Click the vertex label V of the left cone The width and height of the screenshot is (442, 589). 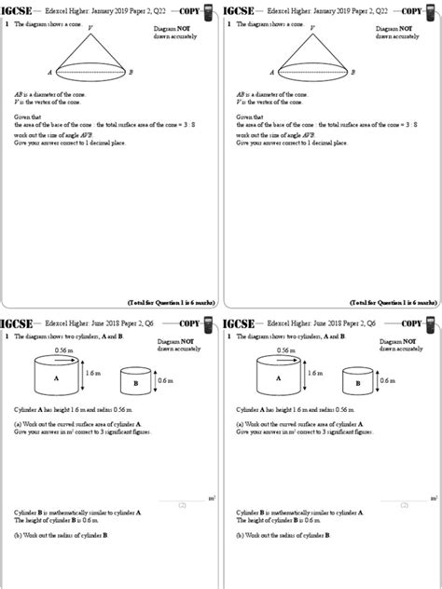coord(90,28)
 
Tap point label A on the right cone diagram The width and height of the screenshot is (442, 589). coord(272,72)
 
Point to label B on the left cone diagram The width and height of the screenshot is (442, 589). coord(131,72)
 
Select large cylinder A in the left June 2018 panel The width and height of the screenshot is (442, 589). coord(56,378)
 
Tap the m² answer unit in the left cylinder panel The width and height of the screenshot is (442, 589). coord(213,500)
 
